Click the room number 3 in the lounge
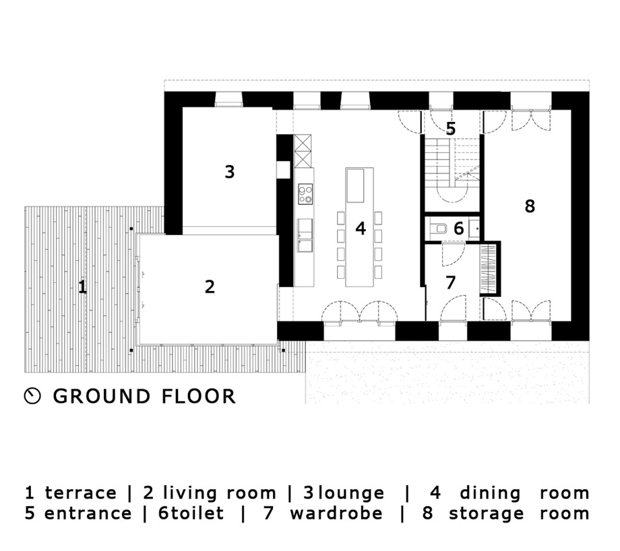(230, 172)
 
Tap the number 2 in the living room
(210, 286)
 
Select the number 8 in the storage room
(530, 206)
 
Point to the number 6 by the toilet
(459, 228)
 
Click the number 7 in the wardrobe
(450, 283)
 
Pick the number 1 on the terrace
(82, 286)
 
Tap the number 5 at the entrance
(451, 129)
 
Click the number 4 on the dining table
(361, 228)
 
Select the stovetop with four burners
(305, 194)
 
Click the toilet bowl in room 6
(439, 228)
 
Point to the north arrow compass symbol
(32, 395)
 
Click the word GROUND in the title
(102, 396)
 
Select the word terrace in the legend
(81, 493)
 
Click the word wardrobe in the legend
(336, 513)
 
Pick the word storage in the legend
(486, 514)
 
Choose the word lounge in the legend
(351, 493)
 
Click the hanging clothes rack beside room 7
(489, 269)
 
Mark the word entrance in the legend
(88, 513)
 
